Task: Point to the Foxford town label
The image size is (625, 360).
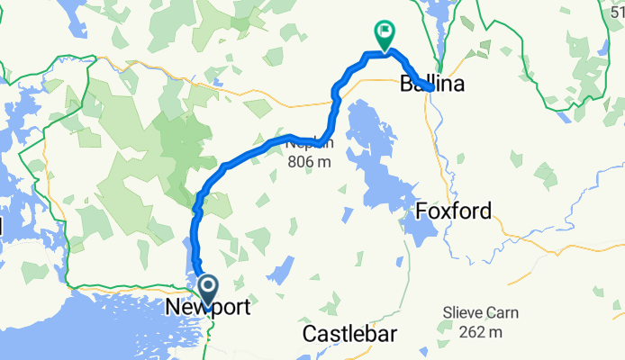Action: tap(455, 212)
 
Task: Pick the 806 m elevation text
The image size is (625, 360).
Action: tap(310, 162)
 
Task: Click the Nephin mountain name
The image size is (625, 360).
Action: tap(310, 143)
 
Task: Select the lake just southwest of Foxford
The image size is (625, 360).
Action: tap(415, 225)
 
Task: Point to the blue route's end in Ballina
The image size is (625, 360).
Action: tap(431, 88)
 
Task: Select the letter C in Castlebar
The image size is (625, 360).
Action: tap(308, 334)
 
